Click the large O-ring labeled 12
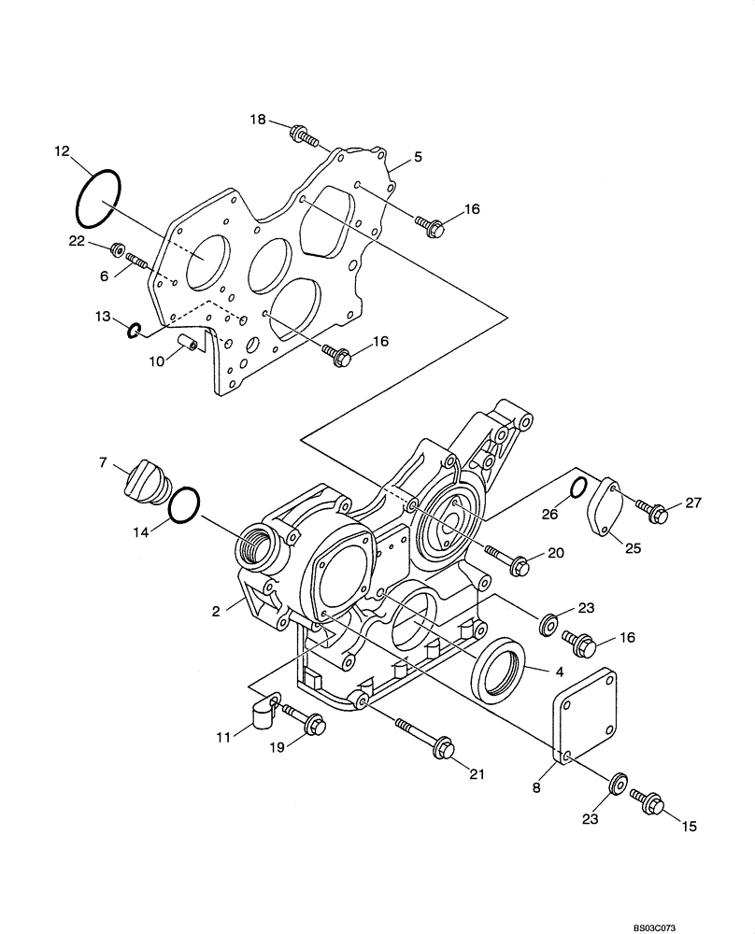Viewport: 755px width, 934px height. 96,198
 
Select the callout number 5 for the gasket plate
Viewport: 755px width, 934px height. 418,157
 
